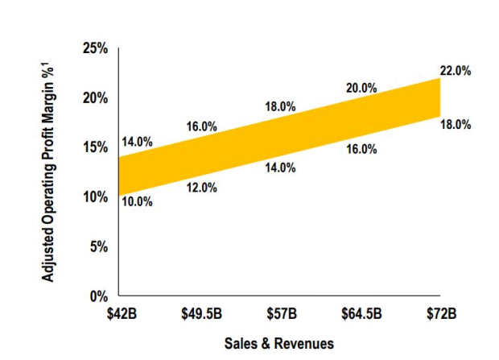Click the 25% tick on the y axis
point(95,49)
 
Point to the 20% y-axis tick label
point(95,98)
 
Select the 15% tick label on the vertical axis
point(95,147)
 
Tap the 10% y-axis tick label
point(95,197)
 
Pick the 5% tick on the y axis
point(98,246)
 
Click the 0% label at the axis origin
point(98,296)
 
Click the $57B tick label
point(280,311)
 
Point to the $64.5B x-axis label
point(360,311)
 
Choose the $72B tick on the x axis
point(440,311)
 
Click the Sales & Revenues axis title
point(279,342)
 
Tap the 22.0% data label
point(456,71)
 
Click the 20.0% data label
point(361,88)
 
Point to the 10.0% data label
point(137,202)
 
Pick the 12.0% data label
point(201,188)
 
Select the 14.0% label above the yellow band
point(137,142)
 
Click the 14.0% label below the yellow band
point(280,168)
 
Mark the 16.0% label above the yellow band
point(201,126)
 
